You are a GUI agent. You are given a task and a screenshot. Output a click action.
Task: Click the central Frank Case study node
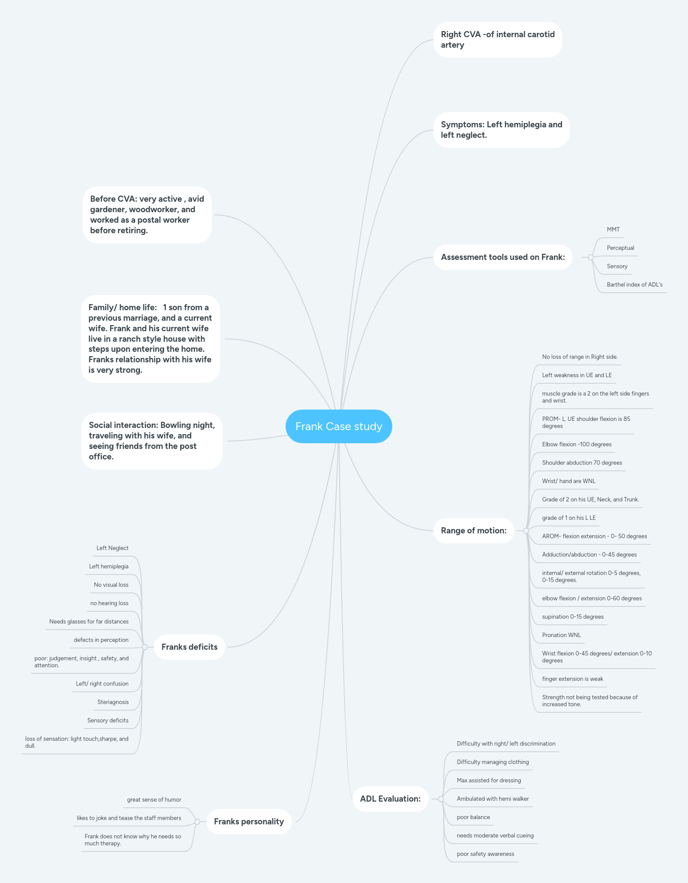(x=339, y=426)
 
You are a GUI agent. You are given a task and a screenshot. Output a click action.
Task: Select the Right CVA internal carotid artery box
(x=497, y=40)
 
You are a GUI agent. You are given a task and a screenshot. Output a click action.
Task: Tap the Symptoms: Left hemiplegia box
(x=501, y=130)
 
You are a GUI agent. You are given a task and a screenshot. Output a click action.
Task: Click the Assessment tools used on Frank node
(x=503, y=257)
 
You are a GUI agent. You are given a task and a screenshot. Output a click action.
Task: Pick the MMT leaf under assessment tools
(x=613, y=230)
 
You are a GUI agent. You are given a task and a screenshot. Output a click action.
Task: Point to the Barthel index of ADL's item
(x=634, y=285)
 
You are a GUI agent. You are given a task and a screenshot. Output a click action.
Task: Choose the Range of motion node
(x=473, y=531)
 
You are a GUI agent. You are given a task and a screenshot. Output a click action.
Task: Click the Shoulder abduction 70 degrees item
(x=582, y=463)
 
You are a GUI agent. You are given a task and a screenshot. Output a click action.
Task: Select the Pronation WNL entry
(x=561, y=635)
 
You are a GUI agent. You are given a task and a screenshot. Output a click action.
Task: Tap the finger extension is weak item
(x=572, y=679)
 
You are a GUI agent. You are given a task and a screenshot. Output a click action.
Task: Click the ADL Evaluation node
(x=390, y=799)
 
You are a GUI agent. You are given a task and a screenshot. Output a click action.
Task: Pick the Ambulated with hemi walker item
(x=492, y=799)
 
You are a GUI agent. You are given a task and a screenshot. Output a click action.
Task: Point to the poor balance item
(x=473, y=817)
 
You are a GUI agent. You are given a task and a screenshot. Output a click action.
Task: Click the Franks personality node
(x=249, y=822)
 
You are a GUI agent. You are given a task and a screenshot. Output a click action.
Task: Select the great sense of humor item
(x=154, y=800)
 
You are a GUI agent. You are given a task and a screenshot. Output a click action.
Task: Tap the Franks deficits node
(x=189, y=647)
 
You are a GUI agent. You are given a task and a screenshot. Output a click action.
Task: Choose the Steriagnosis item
(x=113, y=702)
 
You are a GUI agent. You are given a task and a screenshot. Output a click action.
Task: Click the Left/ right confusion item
(x=102, y=684)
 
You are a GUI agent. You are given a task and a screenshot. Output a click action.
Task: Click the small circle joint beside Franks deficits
(x=145, y=647)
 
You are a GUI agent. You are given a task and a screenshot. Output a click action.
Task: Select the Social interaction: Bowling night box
(x=152, y=441)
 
